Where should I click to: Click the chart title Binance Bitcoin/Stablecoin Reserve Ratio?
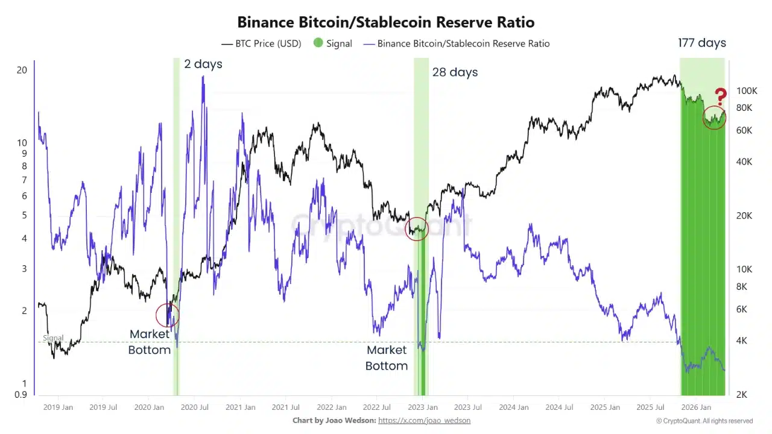pos(385,22)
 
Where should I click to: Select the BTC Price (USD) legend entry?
pos(261,43)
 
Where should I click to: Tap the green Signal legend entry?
pos(332,43)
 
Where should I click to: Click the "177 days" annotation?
pos(702,43)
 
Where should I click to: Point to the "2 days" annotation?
pos(203,64)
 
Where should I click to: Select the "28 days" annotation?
pos(455,72)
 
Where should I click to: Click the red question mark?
pos(720,96)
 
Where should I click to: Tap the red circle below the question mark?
pos(714,118)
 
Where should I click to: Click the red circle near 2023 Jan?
pos(416,228)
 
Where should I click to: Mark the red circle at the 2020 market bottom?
pos(167,315)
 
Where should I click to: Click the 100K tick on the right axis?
pos(746,91)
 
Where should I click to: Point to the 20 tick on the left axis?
pos(22,70)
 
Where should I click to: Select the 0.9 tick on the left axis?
pos(21,395)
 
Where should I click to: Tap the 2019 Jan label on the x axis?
pos(58,407)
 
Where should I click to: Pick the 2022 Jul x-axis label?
pos(376,407)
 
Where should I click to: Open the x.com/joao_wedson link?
pos(424,421)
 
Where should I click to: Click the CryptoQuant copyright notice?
pos(704,421)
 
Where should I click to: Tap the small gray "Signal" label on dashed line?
pos(53,338)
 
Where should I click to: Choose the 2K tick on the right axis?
pos(742,395)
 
